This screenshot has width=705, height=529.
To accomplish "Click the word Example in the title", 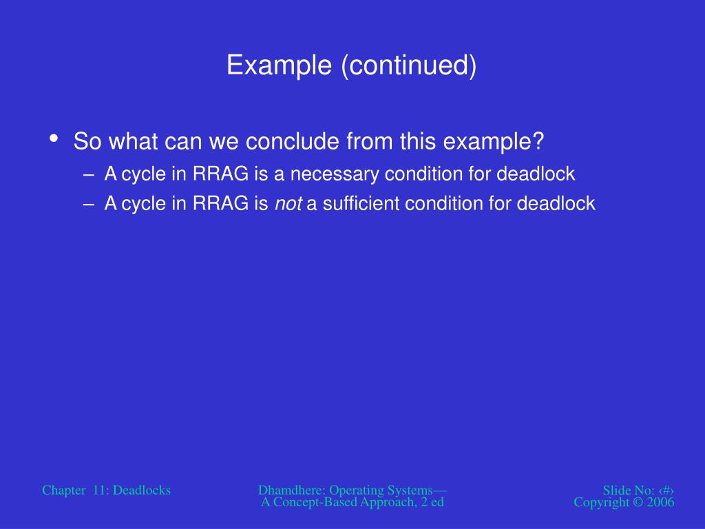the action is (x=279, y=65).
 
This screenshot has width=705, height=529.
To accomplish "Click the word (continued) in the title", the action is (x=409, y=65).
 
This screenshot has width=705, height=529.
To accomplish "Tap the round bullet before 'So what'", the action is (x=54, y=138).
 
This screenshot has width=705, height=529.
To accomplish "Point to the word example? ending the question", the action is (x=494, y=141).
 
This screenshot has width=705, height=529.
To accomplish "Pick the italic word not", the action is (x=288, y=203).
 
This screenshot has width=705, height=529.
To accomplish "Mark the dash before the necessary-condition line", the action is (x=89, y=175).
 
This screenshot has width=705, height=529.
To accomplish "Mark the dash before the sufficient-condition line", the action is (x=89, y=205).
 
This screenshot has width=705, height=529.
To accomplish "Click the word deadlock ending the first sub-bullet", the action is (x=536, y=174).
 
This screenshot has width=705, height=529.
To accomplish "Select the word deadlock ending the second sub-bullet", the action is (x=556, y=203).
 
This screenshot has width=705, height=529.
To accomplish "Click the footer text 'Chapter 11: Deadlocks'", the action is (x=107, y=490).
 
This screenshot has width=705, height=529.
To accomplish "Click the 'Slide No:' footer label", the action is (x=629, y=490).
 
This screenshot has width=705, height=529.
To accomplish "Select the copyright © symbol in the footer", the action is (x=638, y=502).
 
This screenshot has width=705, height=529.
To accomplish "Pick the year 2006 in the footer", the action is (x=660, y=502).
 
